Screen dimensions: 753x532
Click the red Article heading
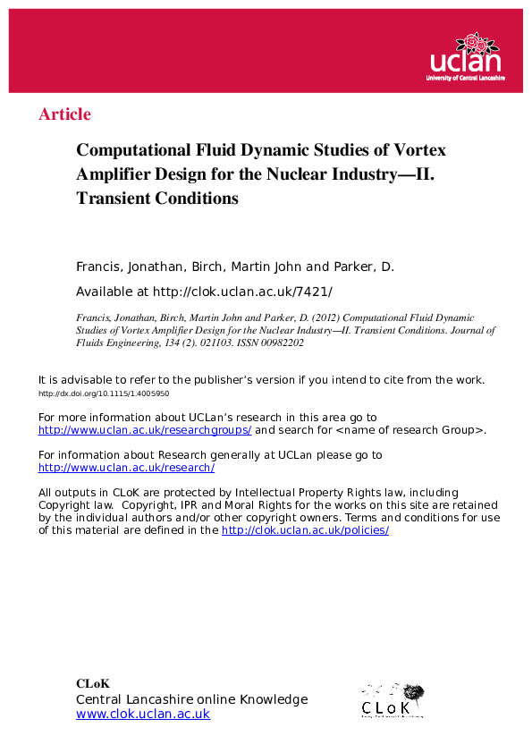tap(65, 114)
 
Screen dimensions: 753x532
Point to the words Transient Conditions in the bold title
tap(157, 199)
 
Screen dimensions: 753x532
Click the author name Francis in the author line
tap(99, 267)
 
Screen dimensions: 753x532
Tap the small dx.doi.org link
tap(104, 393)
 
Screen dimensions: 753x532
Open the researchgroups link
tap(145, 430)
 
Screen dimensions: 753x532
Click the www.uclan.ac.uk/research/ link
tap(126, 468)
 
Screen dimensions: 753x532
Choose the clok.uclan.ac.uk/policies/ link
tap(305, 530)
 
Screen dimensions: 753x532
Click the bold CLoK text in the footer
tap(93, 684)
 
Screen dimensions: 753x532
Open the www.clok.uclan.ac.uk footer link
tap(143, 714)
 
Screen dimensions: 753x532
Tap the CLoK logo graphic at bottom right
tap(392, 699)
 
